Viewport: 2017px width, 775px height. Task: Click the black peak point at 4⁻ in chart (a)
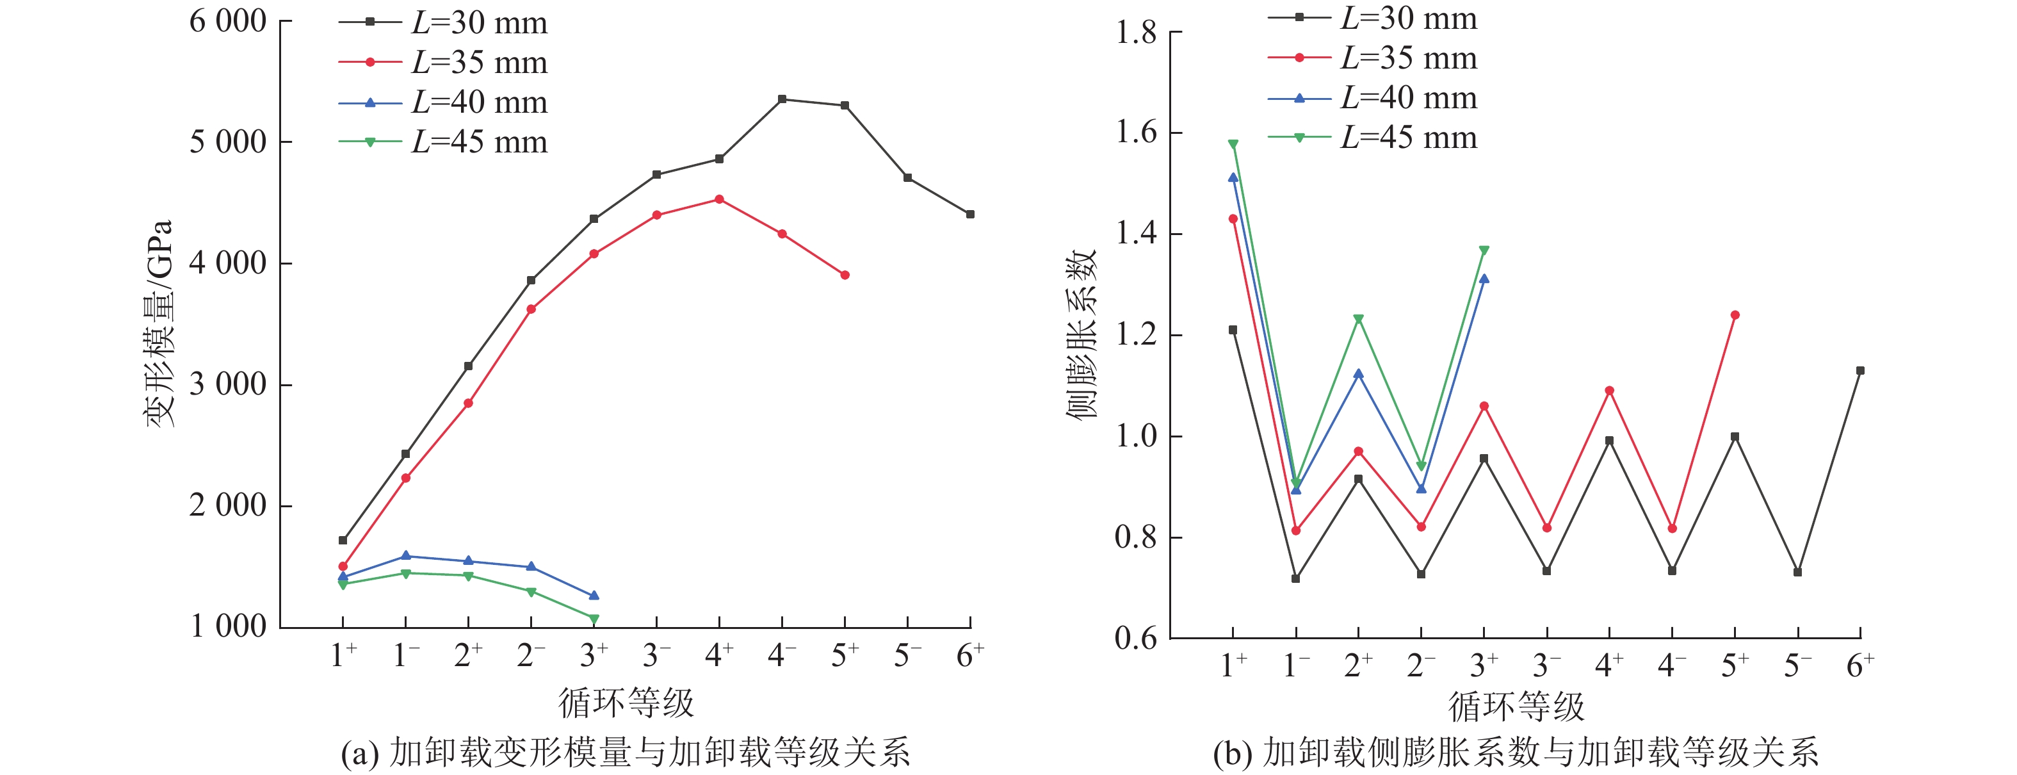(x=781, y=99)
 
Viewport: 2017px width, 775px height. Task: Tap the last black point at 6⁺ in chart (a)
(x=970, y=214)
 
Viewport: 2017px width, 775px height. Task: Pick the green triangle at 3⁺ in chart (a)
(x=594, y=619)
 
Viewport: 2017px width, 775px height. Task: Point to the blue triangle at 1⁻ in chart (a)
(x=405, y=556)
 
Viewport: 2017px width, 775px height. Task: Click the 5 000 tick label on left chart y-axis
(x=228, y=142)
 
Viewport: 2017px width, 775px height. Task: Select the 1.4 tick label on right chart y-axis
(x=1135, y=234)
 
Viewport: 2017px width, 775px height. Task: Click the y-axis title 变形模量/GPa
(x=159, y=323)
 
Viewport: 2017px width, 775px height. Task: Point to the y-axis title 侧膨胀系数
(x=1081, y=335)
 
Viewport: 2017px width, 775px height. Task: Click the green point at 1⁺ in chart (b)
(x=1233, y=144)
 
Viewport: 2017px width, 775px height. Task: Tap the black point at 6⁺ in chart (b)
(x=1860, y=371)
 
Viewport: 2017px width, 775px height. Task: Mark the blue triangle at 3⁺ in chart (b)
(x=1484, y=279)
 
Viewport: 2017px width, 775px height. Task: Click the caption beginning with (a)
(x=625, y=753)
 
